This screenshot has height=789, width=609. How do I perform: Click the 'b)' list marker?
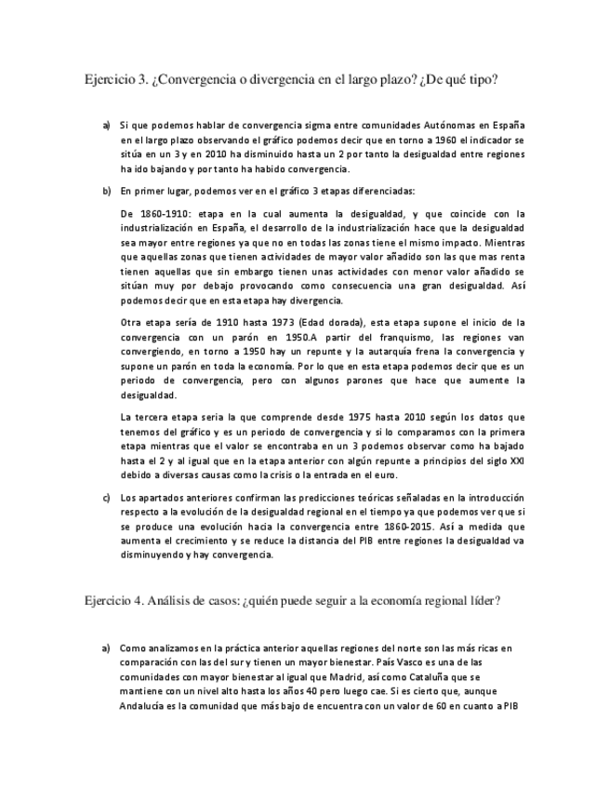click(x=107, y=192)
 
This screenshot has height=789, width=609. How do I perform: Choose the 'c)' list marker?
click(x=107, y=498)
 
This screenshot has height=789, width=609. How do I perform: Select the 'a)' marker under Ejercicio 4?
click(x=107, y=648)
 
